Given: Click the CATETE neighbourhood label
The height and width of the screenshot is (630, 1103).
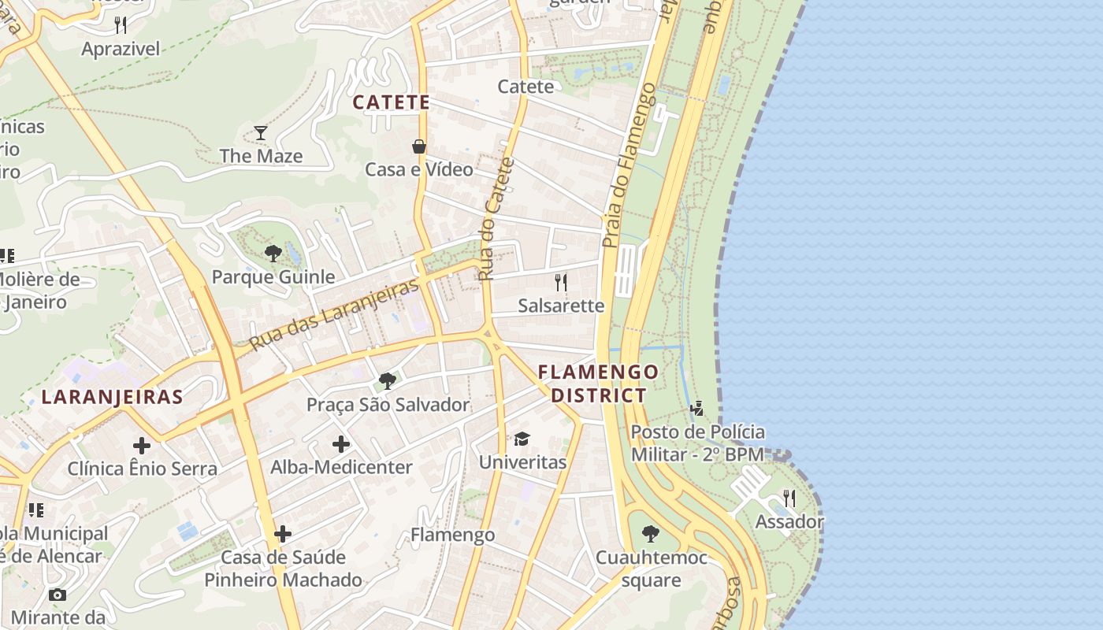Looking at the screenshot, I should pos(391,102).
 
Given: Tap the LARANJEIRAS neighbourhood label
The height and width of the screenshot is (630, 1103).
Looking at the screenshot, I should pos(112,397).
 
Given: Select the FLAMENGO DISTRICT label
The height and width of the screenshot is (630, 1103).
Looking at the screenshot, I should pos(599,384).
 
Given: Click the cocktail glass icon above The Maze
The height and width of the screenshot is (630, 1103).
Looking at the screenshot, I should pos(261,133).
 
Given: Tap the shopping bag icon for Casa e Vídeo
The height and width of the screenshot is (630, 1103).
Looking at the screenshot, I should pos(419,146).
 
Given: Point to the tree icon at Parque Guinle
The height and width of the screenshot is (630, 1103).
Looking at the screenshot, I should pos(273,254).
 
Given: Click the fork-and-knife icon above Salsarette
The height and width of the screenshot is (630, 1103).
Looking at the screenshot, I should pos(561,282).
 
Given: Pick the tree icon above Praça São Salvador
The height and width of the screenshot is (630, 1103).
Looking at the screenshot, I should pos(387,381).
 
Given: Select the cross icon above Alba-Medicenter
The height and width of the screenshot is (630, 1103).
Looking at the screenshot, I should pos(341,444).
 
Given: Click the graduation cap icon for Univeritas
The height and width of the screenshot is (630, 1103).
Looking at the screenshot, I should pos(522,439).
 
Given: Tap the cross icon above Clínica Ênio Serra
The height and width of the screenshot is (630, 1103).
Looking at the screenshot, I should pos(142,446).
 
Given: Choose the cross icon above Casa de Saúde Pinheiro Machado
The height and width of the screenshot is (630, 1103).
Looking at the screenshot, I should pos(283,534).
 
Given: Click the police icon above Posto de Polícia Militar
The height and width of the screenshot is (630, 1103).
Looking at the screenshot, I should pos(696,408).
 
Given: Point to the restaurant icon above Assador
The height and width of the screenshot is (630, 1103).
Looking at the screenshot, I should pos(789,498).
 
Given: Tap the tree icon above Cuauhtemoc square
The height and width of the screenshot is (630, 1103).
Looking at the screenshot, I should pos(650,534).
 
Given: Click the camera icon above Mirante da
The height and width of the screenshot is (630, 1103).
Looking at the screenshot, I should pos(58,595).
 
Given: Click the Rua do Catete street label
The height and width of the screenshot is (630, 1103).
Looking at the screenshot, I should pos(496,219).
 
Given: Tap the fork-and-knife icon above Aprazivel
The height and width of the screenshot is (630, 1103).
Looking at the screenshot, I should pos(121,25).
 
